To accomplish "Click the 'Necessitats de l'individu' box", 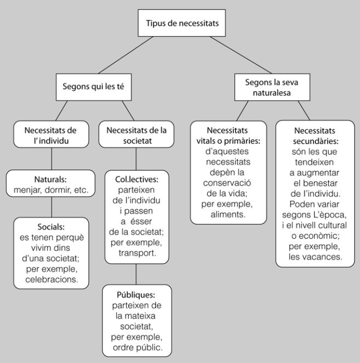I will pos(50,135).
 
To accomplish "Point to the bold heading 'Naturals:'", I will pos(50,179).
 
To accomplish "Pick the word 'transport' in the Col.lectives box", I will pos(137,254).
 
